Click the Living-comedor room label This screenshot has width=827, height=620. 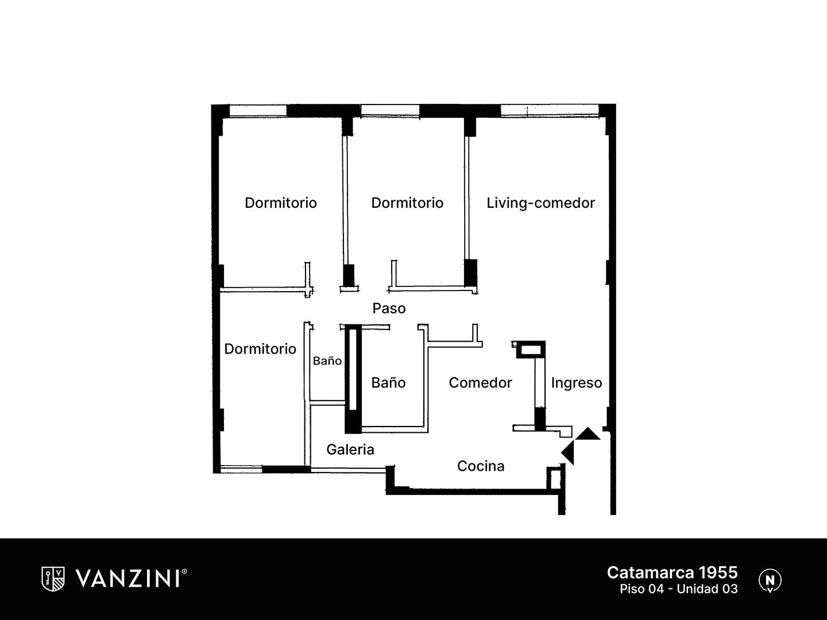(x=540, y=203)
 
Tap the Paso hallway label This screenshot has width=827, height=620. (x=389, y=309)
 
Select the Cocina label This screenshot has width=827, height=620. (x=481, y=466)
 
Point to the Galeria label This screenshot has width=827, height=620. (x=350, y=449)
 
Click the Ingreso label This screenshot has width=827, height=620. (x=577, y=383)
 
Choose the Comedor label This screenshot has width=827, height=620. (x=480, y=383)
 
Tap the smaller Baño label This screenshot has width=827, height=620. (x=327, y=361)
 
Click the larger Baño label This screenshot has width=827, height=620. (x=388, y=382)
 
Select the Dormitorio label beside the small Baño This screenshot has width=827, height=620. (x=260, y=349)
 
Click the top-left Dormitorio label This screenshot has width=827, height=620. (x=281, y=203)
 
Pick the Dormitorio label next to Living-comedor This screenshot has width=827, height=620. (x=407, y=203)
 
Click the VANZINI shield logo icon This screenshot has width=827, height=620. (x=53, y=579)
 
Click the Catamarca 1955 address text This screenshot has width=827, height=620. (x=672, y=572)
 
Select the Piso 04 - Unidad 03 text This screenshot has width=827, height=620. (x=679, y=589)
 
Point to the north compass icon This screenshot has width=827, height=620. (x=770, y=580)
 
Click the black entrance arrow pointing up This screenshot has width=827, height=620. (x=588, y=434)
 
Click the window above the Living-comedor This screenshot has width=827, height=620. (x=550, y=110)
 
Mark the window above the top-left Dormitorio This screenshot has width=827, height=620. (x=258, y=111)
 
